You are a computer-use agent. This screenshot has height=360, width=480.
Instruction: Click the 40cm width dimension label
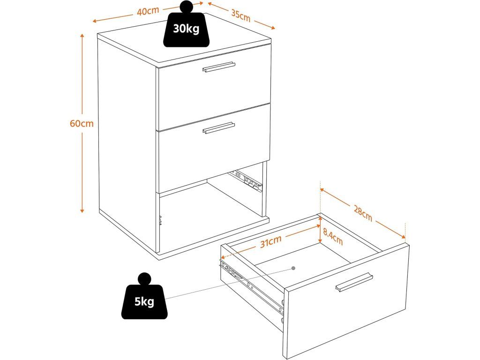[148, 12]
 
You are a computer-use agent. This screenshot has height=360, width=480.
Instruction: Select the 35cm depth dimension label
[240, 15]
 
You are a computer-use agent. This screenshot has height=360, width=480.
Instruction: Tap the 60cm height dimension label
[82, 124]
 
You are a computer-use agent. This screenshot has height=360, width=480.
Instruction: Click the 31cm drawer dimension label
[271, 241]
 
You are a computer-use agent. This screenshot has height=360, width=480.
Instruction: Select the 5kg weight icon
[144, 300]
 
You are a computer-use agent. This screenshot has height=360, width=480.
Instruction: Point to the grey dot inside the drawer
[293, 268]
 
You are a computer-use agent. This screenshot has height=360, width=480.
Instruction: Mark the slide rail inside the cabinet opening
[245, 180]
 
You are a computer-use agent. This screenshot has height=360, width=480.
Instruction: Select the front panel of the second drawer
[214, 150]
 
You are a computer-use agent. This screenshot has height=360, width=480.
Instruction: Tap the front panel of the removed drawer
[347, 305]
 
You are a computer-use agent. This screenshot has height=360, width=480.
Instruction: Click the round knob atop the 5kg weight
[144, 278]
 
